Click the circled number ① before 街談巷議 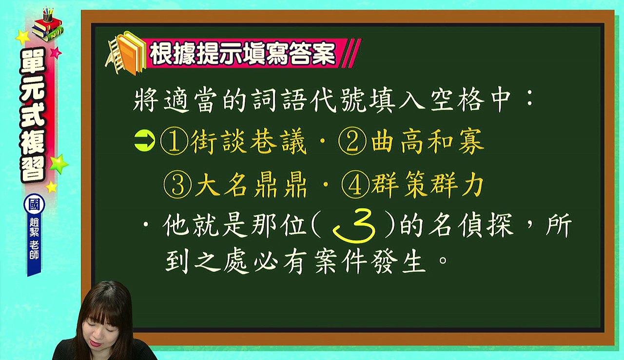click(x=174, y=141)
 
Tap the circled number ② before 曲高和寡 click(x=352, y=141)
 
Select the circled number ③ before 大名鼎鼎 click(x=177, y=184)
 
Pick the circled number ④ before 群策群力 click(x=355, y=184)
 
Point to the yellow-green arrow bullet click(x=145, y=141)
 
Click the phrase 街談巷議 click(x=249, y=141)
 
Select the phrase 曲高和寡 click(x=428, y=141)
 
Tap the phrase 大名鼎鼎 click(x=251, y=185)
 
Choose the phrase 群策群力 click(x=428, y=185)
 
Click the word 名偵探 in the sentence click(x=471, y=226)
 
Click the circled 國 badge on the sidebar click(x=34, y=204)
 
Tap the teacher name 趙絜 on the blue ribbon click(x=34, y=227)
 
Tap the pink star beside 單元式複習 click(x=56, y=53)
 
